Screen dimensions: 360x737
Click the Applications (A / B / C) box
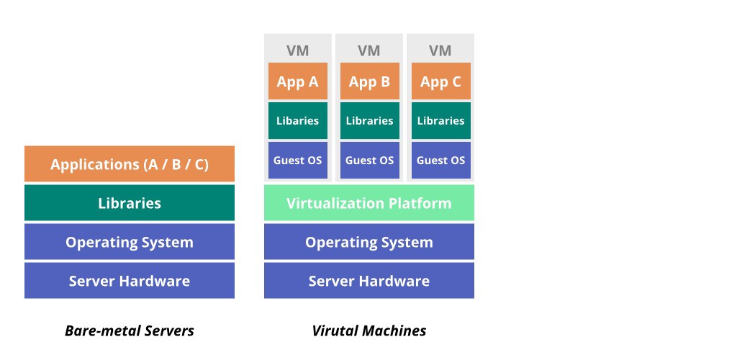(x=130, y=164)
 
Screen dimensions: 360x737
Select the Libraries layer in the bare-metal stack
(x=130, y=203)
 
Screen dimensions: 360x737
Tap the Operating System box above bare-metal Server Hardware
(x=130, y=242)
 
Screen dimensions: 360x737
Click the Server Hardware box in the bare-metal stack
(x=130, y=281)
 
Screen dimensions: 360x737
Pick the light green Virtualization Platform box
(x=368, y=203)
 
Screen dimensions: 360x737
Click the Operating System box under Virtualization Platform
(x=368, y=242)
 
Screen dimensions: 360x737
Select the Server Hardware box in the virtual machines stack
(x=368, y=281)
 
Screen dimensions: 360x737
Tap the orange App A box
(x=297, y=81)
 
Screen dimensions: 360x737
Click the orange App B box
(x=369, y=81)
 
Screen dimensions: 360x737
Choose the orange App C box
(x=440, y=81)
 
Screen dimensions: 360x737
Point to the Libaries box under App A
(x=297, y=121)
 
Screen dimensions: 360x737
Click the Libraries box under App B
(x=369, y=121)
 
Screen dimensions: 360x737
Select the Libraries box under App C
(x=440, y=121)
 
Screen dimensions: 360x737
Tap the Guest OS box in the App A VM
(x=297, y=160)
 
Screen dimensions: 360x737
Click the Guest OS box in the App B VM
(x=369, y=160)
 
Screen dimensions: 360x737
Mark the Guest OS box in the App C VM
(x=440, y=160)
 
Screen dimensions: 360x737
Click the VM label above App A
(x=297, y=50)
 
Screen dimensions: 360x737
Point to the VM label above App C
(x=440, y=50)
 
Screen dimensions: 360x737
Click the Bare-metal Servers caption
(x=130, y=331)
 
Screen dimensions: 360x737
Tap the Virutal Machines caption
(x=368, y=331)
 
